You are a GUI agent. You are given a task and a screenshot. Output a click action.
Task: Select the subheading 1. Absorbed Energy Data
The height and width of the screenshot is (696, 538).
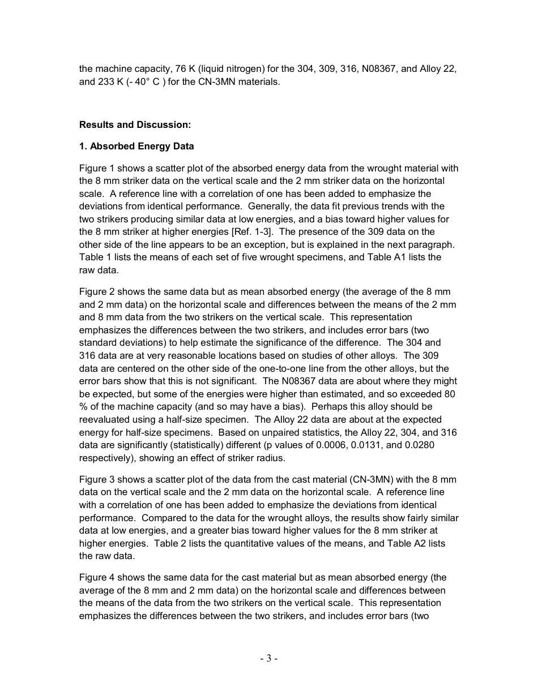pos(136,147)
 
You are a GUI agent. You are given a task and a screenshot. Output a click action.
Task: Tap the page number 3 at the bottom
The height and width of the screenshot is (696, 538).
pos(269,658)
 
